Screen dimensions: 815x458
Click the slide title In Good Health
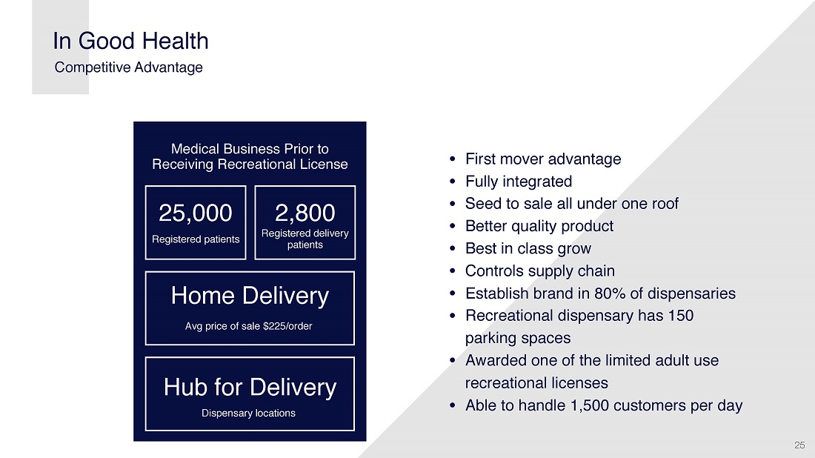click(x=130, y=41)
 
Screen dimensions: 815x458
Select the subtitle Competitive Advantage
click(x=128, y=67)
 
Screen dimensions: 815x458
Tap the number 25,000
click(x=196, y=213)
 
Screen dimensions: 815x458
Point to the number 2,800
click(x=305, y=213)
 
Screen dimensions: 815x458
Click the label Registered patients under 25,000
click(x=196, y=239)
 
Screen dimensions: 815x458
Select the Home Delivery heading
click(x=250, y=296)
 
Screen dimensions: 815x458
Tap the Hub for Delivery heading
click(x=250, y=388)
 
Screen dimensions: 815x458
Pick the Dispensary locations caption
click(x=248, y=413)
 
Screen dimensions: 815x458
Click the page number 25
click(x=799, y=445)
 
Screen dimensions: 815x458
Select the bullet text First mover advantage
click(x=543, y=159)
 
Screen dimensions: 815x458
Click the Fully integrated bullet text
click(x=519, y=182)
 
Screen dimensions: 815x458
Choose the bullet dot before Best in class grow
click(x=453, y=248)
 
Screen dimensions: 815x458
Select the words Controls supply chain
click(x=540, y=271)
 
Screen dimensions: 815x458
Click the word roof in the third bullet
click(x=665, y=204)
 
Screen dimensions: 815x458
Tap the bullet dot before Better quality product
click(x=453, y=226)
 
